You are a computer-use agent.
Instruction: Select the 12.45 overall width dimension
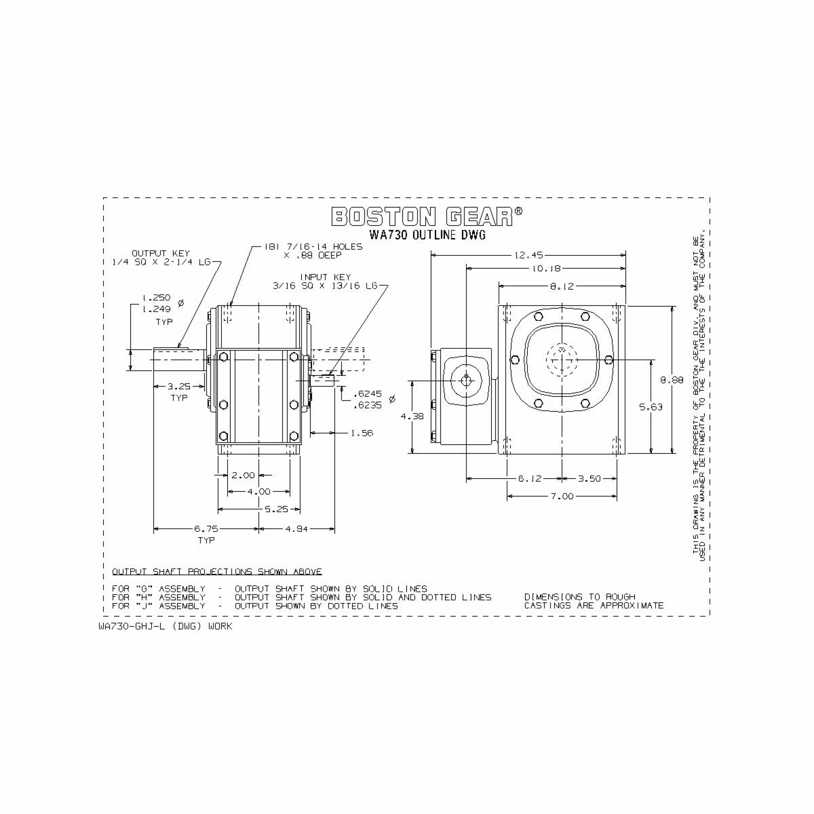click(x=528, y=256)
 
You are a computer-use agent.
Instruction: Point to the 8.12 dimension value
click(x=561, y=287)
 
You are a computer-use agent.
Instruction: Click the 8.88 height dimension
click(x=672, y=381)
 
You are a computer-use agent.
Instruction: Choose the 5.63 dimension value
click(x=651, y=407)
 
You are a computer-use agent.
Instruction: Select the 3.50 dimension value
click(x=589, y=478)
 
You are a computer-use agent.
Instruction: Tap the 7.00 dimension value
click(x=562, y=496)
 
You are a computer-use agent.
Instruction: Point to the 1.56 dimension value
click(x=362, y=433)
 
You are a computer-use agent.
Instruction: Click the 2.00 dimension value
click(x=243, y=476)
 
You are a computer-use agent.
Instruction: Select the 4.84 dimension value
click(x=296, y=528)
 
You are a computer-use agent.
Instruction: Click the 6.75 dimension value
click(x=206, y=528)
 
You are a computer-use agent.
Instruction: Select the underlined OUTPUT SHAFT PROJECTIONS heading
click(x=217, y=572)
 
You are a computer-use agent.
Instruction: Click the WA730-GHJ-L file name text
click(x=165, y=626)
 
